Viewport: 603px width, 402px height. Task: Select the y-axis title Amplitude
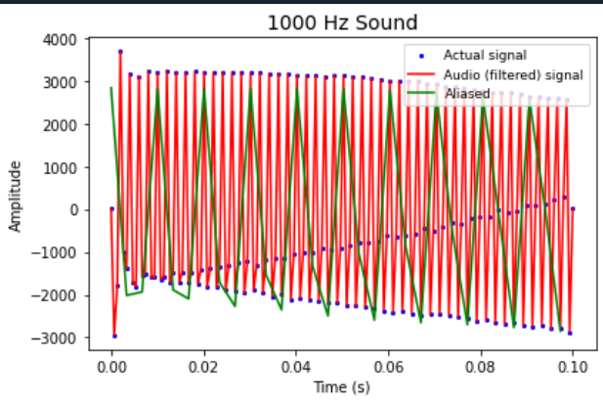[x=15, y=196]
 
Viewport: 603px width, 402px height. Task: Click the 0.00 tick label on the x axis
[x=110, y=365]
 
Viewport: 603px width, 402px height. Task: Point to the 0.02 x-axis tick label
[x=203, y=365]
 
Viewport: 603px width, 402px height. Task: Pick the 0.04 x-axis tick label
[x=295, y=365]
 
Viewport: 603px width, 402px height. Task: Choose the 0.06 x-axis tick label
[x=388, y=365]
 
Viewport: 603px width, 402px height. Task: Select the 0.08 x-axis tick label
[x=480, y=365]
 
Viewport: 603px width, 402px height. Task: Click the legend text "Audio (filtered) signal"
[x=498, y=74]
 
